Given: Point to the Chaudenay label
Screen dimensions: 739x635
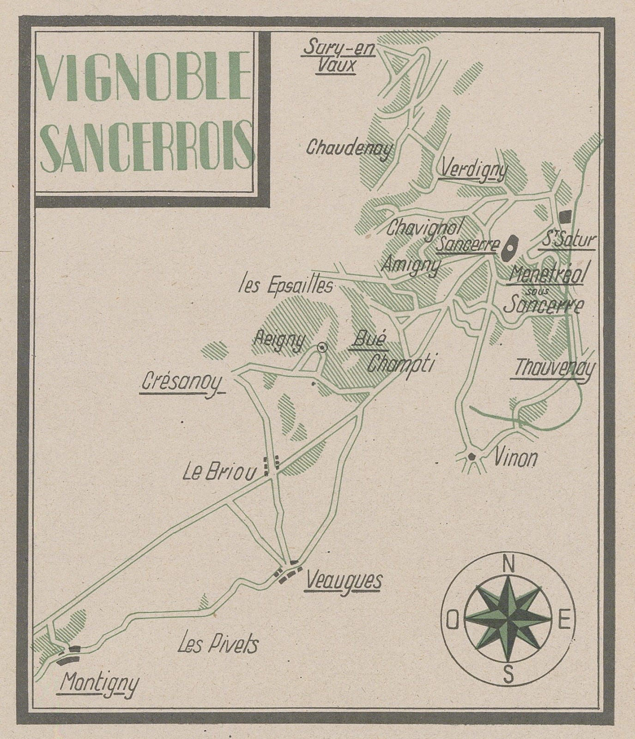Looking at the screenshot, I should [x=349, y=148].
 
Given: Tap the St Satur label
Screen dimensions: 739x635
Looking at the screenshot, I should [x=567, y=240].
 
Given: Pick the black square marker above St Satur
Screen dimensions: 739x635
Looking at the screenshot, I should [x=565, y=216].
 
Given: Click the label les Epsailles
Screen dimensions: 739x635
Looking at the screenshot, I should [x=285, y=286].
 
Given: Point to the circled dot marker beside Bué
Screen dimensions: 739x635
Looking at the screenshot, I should [x=322, y=348].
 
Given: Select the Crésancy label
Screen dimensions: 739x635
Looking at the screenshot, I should [x=181, y=384].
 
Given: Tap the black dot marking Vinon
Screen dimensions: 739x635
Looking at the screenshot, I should [x=471, y=456].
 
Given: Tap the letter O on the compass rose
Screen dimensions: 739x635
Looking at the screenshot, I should [x=453, y=624].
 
